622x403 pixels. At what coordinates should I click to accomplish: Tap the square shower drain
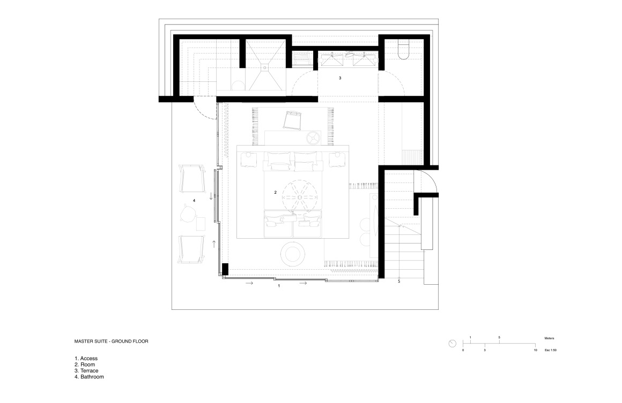click(x=264, y=67)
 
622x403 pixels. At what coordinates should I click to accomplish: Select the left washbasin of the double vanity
click(x=332, y=60)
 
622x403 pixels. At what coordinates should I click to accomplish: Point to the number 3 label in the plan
click(x=340, y=78)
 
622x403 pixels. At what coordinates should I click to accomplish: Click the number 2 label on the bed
click(x=275, y=192)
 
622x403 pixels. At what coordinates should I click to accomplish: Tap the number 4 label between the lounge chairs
click(x=194, y=201)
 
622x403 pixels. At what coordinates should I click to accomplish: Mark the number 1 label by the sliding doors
click(x=278, y=286)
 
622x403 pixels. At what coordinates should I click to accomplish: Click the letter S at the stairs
click(x=399, y=282)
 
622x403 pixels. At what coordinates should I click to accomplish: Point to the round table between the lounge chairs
click(x=188, y=213)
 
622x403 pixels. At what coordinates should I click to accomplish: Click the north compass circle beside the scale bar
click(x=452, y=344)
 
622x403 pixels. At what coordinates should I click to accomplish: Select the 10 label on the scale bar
click(x=535, y=351)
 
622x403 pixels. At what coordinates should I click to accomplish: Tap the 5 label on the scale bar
click(x=499, y=338)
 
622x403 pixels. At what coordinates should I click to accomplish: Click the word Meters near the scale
click(x=550, y=338)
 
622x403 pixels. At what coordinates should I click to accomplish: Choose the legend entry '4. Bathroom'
click(x=89, y=377)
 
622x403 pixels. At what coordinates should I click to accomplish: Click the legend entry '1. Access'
click(x=86, y=359)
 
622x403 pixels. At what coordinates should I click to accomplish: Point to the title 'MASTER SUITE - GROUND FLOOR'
click(x=112, y=341)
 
